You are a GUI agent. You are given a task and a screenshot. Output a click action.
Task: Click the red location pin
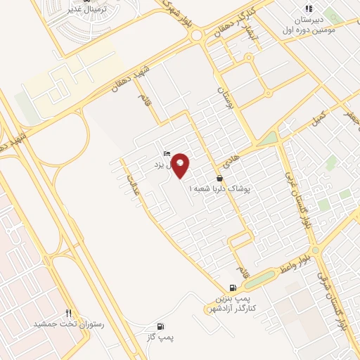(x=181, y=165)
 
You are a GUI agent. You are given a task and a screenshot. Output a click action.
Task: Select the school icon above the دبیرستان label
(x=309, y=9)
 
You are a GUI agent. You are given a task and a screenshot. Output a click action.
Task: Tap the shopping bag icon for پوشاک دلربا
(x=220, y=179)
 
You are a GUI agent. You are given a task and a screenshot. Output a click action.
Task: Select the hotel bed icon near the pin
(x=167, y=154)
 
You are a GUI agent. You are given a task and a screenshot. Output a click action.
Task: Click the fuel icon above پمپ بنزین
(x=233, y=288)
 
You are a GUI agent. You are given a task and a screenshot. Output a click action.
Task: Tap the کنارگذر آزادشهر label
(x=231, y=309)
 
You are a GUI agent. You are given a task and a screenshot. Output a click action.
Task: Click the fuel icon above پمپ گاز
(x=160, y=326)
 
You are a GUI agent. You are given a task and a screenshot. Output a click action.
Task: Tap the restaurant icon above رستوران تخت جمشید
(x=68, y=313)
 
